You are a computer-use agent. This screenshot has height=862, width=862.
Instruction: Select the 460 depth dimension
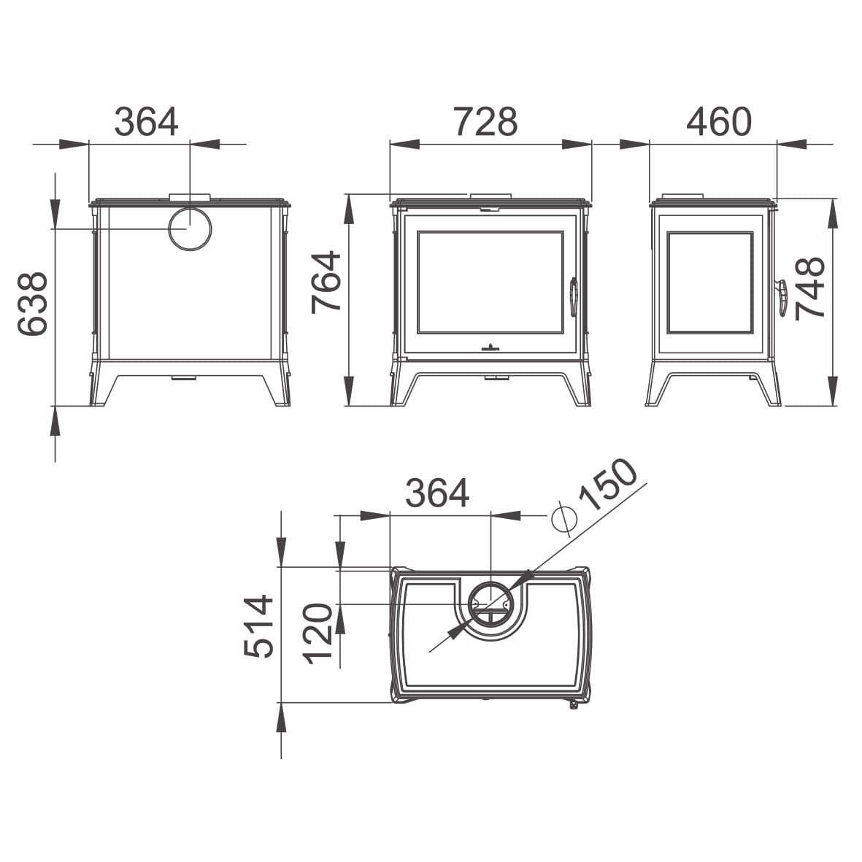click(719, 122)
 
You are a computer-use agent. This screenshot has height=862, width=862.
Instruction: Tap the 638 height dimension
click(33, 303)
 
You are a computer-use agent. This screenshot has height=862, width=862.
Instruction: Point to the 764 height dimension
click(326, 282)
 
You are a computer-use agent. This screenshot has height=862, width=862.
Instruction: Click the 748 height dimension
click(810, 288)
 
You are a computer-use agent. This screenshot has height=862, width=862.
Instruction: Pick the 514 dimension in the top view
click(259, 626)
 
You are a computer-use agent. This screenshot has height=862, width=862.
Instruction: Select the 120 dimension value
click(318, 634)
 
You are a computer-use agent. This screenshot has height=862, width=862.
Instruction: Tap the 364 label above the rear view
click(146, 122)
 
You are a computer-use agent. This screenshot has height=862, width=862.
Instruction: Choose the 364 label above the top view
click(438, 493)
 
